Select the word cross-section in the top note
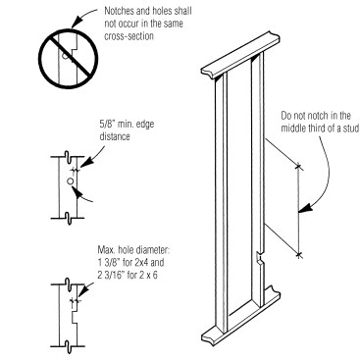coord(129,35)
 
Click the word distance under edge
coord(115,136)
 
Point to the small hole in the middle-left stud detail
coord(70,181)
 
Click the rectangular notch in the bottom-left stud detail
coord(75,317)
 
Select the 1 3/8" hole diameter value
coord(107,263)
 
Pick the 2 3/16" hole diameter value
coord(110,275)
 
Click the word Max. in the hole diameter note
coord(106,250)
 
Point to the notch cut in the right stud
coord(260,258)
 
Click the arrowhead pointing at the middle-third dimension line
coord(304,209)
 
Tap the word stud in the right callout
coord(350,128)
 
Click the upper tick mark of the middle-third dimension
coord(298,167)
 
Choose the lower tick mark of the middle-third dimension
coord(298,254)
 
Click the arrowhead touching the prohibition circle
coord(76,24)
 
